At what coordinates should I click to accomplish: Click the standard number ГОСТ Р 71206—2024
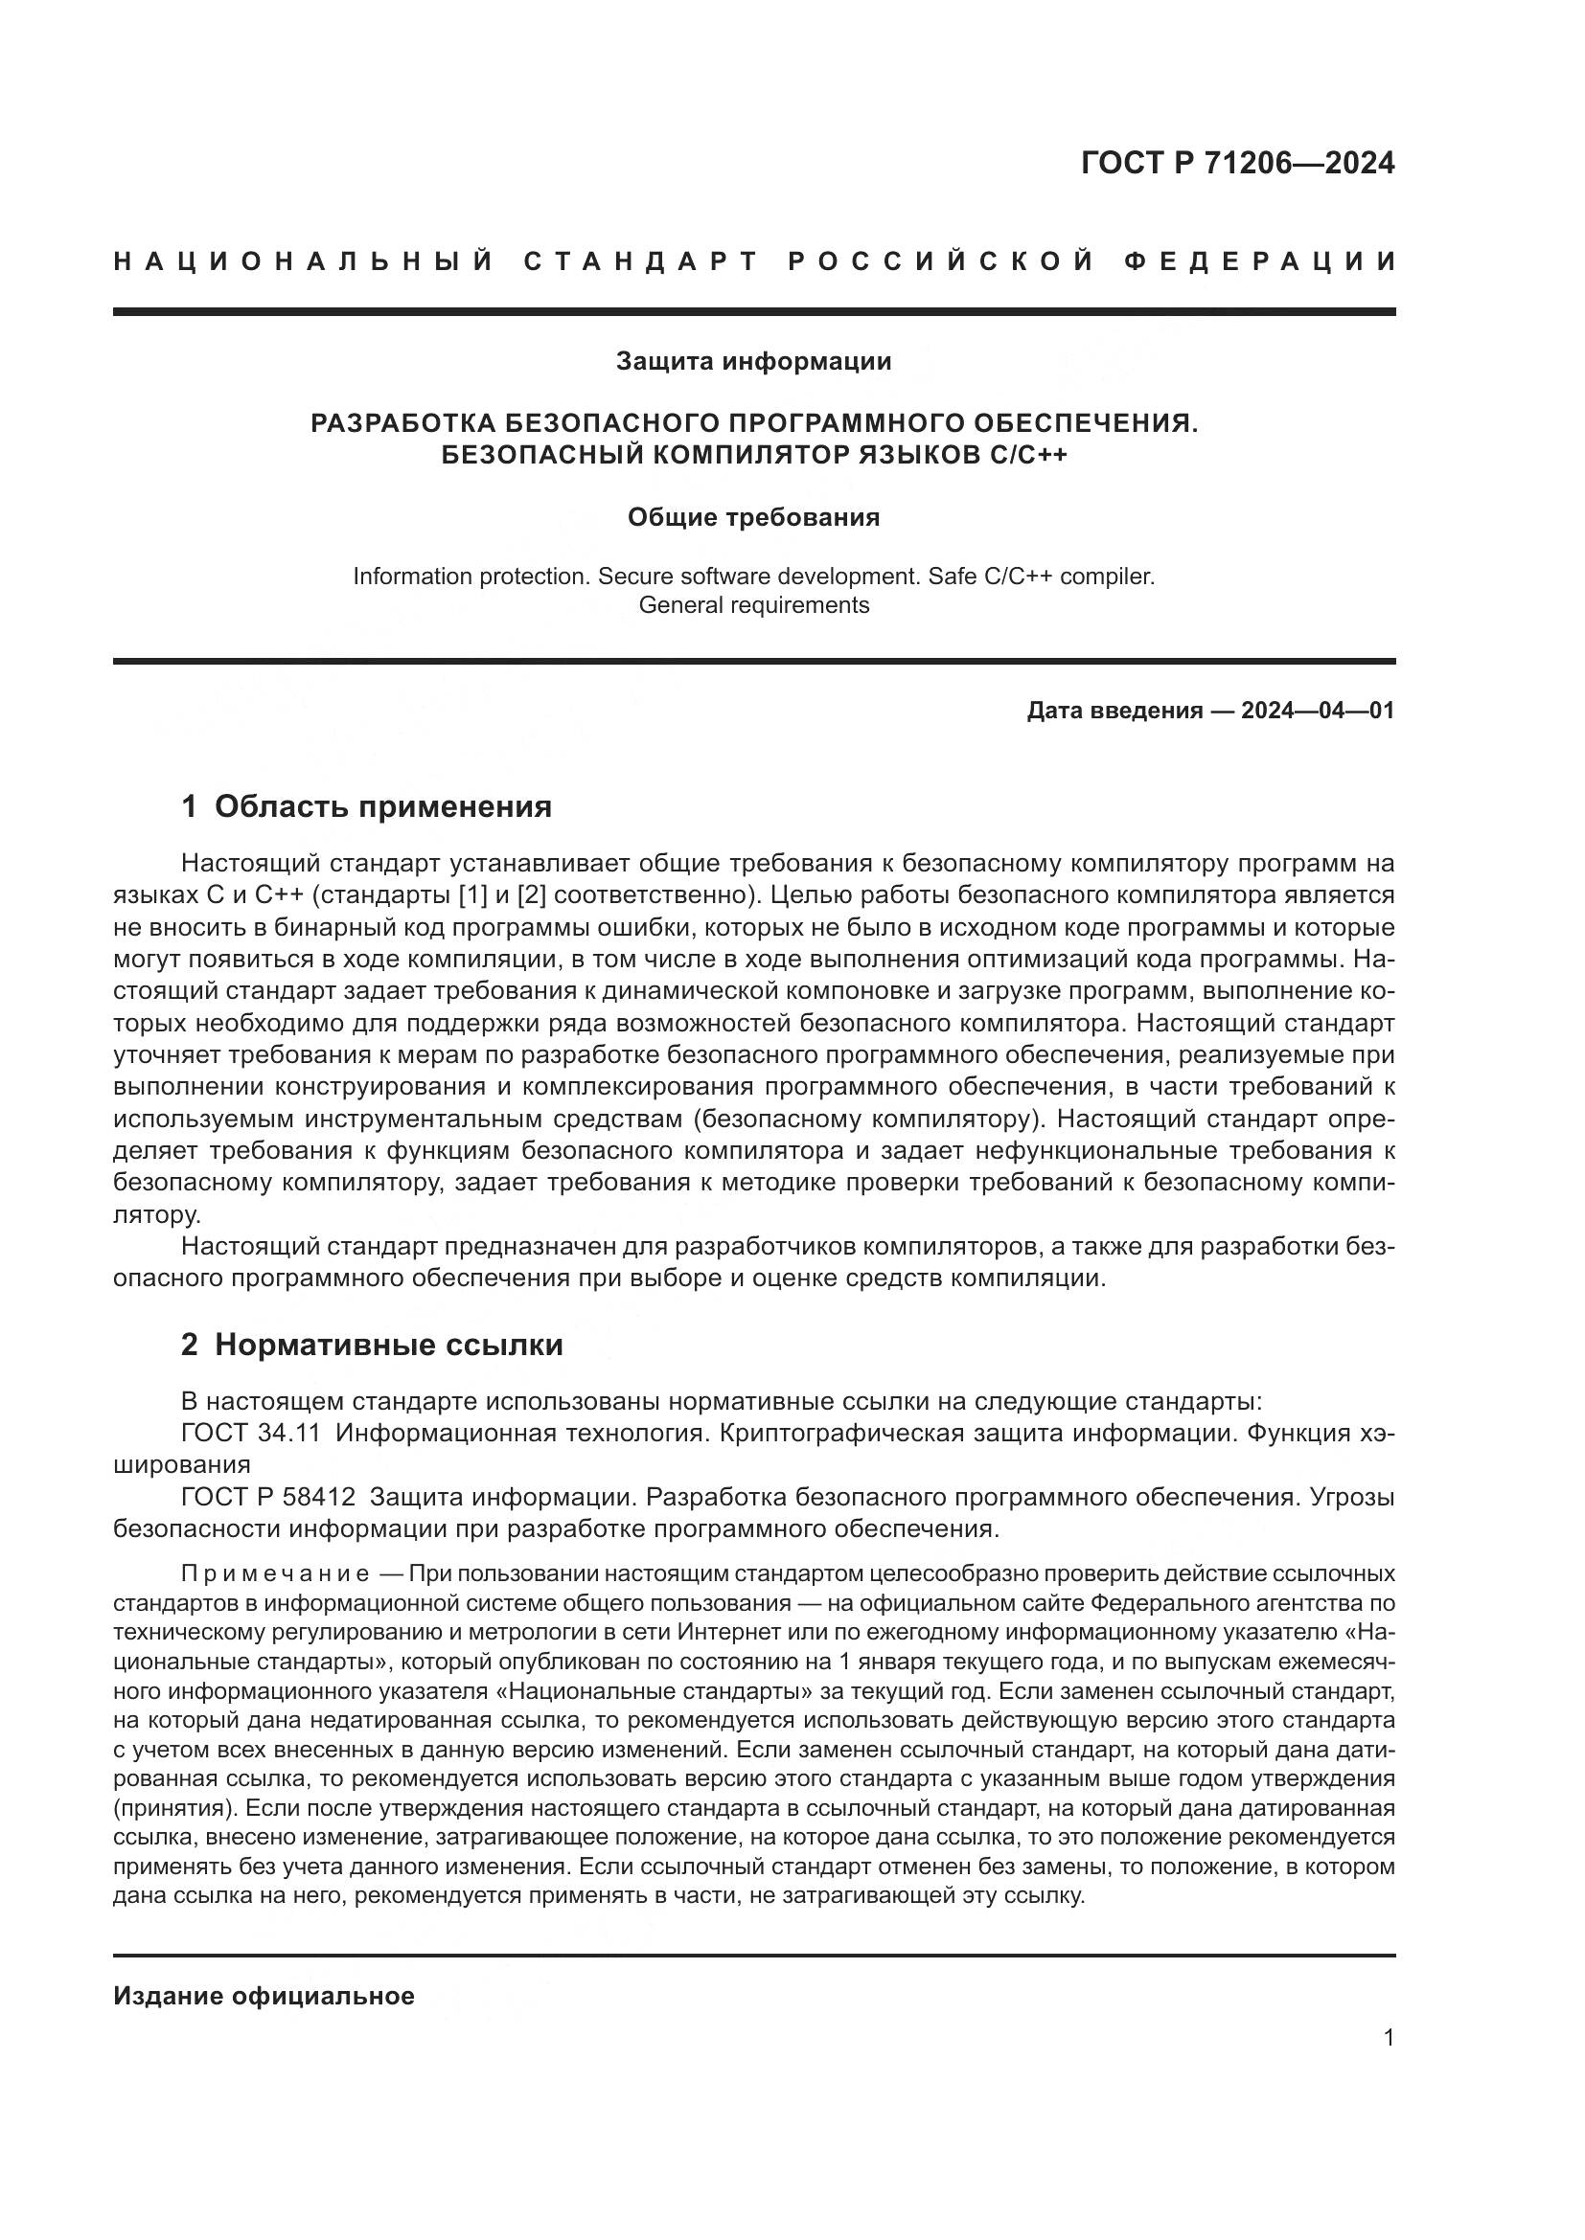pos(1237,163)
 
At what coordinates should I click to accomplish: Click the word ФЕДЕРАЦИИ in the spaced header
pos(1260,261)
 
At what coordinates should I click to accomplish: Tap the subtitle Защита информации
pos(753,362)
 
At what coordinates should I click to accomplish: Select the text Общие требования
pos(753,517)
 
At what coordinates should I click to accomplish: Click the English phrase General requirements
pos(753,605)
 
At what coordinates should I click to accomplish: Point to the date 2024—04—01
pos(1318,711)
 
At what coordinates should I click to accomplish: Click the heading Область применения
pos(382,806)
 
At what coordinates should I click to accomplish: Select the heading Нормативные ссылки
pos(388,1346)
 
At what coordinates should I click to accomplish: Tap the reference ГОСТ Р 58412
pos(268,1497)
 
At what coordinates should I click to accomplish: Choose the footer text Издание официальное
pos(264,1996)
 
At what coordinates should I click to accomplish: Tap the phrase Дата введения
pos(1114,711)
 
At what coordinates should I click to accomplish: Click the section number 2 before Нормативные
pos(190,1346)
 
